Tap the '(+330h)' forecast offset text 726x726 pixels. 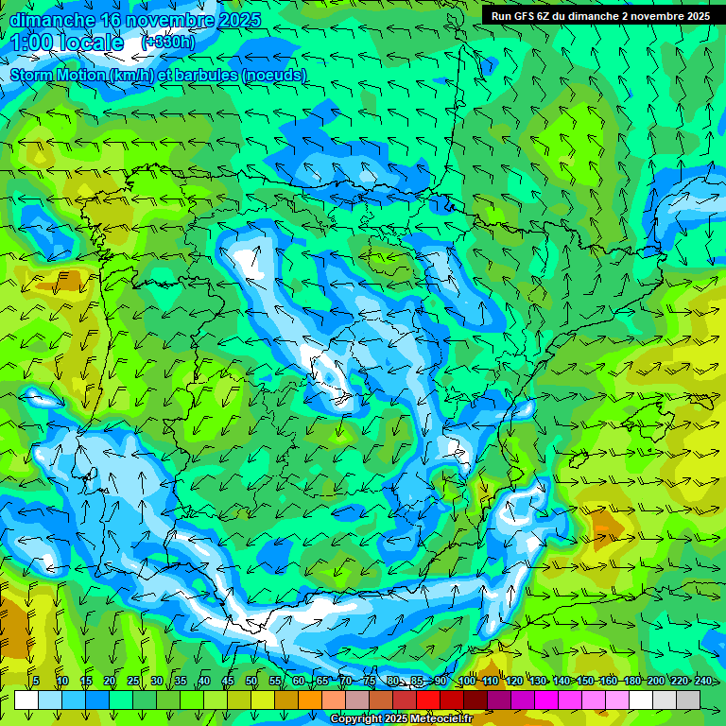168,43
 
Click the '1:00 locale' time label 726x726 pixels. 67,43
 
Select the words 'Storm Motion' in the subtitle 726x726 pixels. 58,76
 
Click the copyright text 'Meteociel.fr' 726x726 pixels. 441,719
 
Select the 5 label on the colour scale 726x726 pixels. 36,681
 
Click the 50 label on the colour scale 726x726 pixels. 251,681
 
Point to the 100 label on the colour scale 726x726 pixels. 467,681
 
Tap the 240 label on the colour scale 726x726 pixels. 702,681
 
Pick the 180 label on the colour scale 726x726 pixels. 631,681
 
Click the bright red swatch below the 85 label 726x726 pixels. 428,700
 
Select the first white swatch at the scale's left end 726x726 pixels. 26,700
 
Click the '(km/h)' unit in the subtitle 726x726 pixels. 131,76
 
